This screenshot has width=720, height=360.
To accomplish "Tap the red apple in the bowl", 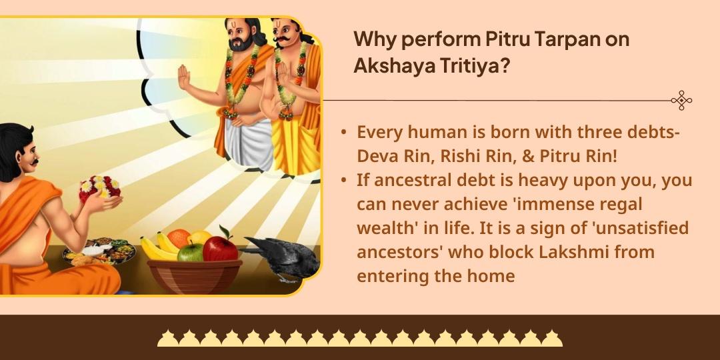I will pos(220,247).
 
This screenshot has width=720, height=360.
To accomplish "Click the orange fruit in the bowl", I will pos(179,238).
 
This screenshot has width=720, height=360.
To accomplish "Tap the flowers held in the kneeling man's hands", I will pos(100,189).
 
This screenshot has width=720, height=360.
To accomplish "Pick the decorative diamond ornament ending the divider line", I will pos(681,100).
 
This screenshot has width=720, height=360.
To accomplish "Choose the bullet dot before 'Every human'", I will pos(343,133).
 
